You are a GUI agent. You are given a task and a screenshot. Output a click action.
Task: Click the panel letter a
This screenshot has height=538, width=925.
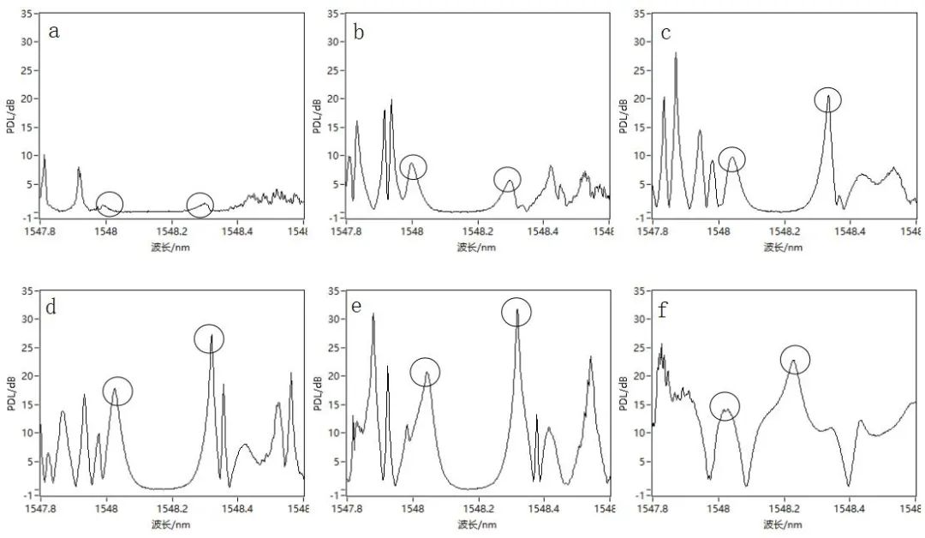click(55, 33)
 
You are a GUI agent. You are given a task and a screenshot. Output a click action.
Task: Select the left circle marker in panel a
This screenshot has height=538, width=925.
click(109, 205)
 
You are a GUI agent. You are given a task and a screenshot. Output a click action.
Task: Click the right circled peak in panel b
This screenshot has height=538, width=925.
click(508, 179)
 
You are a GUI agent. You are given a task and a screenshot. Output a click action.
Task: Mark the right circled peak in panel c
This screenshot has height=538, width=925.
click(827, 99)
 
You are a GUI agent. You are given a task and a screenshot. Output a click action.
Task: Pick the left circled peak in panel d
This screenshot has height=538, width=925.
click(117, 391)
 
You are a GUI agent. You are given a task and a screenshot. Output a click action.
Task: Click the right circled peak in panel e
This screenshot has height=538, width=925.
click(516, 311)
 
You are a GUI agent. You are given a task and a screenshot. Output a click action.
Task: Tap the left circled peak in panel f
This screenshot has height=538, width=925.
click(725, 405)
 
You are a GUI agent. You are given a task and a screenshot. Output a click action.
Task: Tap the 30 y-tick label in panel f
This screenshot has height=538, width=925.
click(641, 319)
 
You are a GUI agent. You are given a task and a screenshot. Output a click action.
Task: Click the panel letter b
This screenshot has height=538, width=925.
click(359, 33)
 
